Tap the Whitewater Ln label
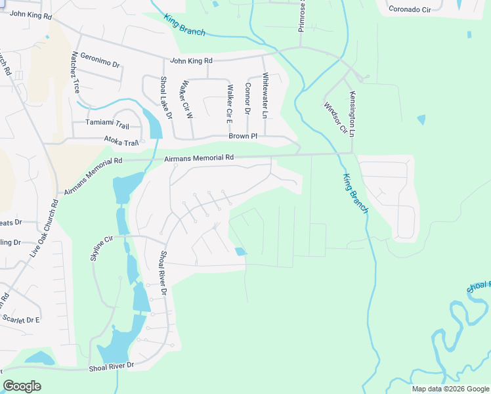click(265, 95)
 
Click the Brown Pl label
click(243, 136)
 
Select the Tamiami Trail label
click(108, 123)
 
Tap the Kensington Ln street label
click(352, 114)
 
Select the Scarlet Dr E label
click(20, 320)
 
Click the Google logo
click(22, 386)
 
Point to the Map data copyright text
click(450, 389)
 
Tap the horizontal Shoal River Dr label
click(112, 365)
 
